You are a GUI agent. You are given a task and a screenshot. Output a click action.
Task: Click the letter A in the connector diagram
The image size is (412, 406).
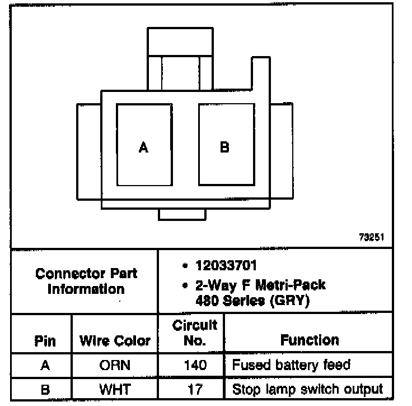tap(144, 148)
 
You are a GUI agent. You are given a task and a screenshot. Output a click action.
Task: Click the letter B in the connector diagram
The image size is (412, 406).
tap(224, 147)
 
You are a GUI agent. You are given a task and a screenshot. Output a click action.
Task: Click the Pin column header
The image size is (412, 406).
tap(45, 341)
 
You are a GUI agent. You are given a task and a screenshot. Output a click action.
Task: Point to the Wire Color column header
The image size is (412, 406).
tap(115, 341)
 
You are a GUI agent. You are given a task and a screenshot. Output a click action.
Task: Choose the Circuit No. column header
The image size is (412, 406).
tap(194, 333)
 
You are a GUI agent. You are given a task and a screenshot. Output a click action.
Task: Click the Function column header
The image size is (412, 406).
tap(310, 340)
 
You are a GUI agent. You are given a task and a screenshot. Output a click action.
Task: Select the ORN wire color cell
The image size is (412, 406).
tap(115, 366)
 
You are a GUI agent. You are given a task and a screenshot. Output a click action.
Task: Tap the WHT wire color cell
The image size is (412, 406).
tap(115, 389)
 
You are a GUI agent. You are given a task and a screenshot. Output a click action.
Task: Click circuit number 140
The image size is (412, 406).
tap(194, 366)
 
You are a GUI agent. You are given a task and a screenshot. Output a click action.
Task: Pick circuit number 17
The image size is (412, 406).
tap(194, 389)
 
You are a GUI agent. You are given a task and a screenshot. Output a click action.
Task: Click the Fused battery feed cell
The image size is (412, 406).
tap(291, 365)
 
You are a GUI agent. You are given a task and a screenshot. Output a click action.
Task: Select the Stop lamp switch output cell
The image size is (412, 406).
tap(307, 389)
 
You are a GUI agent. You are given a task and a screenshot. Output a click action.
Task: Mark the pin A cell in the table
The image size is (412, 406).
tap(45, 366)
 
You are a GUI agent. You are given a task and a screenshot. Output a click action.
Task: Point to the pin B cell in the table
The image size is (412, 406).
tap(45, 389)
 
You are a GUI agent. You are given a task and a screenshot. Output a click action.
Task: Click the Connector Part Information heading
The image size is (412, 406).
tap(86, 282)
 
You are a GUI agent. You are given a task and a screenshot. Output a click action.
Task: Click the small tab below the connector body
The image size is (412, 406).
tap(182, 214)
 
